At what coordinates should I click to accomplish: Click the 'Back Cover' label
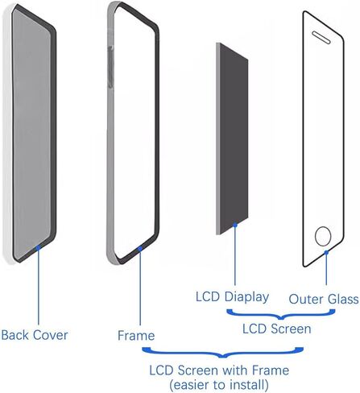click(x=35, y=335)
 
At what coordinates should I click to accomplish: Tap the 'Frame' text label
click(x=136, y=336)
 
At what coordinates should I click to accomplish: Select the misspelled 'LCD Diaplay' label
click(x=232, y=297)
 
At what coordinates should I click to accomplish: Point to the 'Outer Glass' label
click(x=324, y=299)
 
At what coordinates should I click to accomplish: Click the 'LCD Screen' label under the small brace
click(x=277, y=329)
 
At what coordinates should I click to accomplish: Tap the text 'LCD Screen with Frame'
click(x=219, y=370)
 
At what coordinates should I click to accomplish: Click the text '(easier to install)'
click(x=219, y=385)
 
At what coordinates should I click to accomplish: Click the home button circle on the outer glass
click(x=323, y=236)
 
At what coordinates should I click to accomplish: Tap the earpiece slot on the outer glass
click(x=321, y=37)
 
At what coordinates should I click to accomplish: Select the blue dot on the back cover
click(x=38, y=247)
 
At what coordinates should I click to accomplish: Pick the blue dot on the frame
click(x=140, y=249)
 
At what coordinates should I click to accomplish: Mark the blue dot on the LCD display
click(x=235, y=225)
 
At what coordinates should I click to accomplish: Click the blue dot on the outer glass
click(x=326, y=252)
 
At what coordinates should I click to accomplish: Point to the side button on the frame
click(x=110, y=67)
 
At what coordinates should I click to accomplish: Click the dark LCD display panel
click(x=234, y=139)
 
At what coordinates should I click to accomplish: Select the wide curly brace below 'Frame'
click(x=223, y=353)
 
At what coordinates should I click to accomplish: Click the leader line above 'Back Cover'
click(x=38, y=287)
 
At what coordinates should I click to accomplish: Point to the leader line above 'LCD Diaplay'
click(x=235, y=256)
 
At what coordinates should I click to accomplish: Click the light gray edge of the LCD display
click(x=218, y=139)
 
